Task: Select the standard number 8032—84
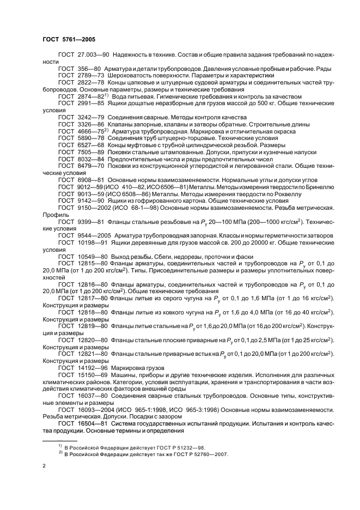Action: (x=91, y=161)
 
